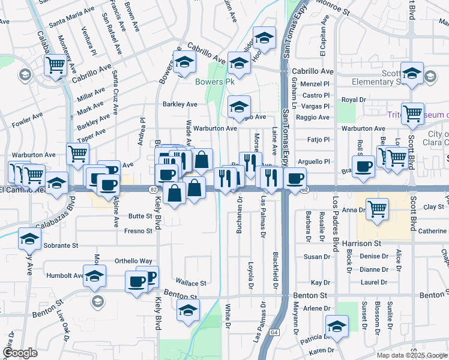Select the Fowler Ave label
tap(27, 121)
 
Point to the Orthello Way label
tap(134, 261)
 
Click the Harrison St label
tap(362, 244)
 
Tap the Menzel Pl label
tap(316, 84)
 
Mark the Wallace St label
tap(191, 283)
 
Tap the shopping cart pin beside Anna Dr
tap(377, 210)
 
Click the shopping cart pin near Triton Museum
tap(412, 113)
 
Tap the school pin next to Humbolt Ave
tap(94, 277)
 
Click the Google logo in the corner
tap(20, 353)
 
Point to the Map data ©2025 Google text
tap(412, 355)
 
